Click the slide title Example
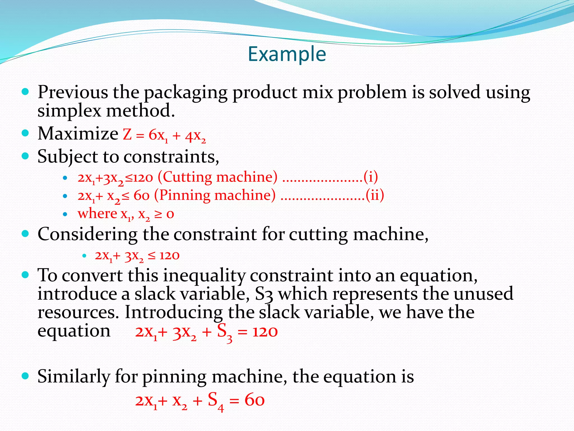[x=287, y=54]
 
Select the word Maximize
[x=78, y=134]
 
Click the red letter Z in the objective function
[x=127, y=134]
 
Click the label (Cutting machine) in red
[x=217, y=177]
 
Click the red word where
[x=97, y=214]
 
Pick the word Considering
[x=87, y=235]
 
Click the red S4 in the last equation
[x=216, y=401]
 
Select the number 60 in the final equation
[x=254, y=400]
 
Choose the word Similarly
[x=74, y=377]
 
